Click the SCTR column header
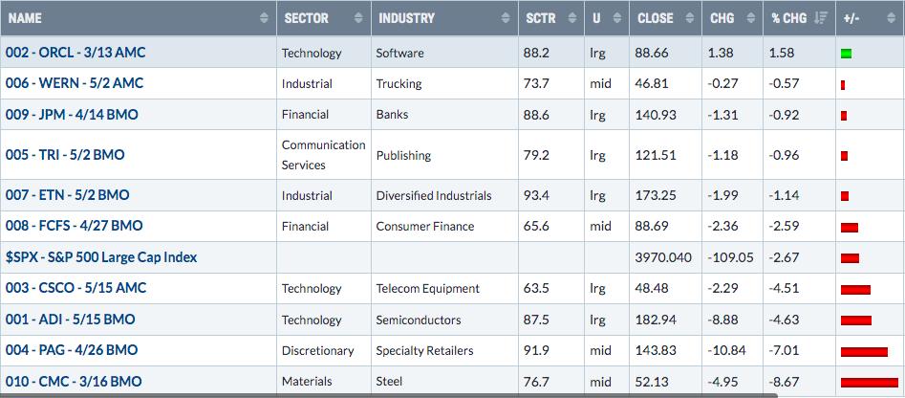click(x=540, y=18)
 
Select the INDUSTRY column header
click(x=406, y=18)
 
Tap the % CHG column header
click(x=789, y=18)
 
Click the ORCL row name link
click(x=75, y=53)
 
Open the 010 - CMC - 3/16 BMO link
click(x=74, y=381)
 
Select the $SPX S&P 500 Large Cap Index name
click(x=101, y=257)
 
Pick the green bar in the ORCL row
click(x=847, y=55)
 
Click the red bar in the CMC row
click(x=870, y=383)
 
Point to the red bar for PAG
click(x=864, y=351)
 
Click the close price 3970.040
click(x=664, y=257)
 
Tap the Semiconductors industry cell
click(x=419, y=320)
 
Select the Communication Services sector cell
click(x=323, y=155)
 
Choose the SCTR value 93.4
click(x=537, y=195)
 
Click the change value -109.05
click(x=731, y=257)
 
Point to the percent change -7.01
click(x=784, y=350)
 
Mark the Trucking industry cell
click(x=399, y=84)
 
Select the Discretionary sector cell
click(x=317, y=350)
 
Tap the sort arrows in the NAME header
click(x=265, y=18)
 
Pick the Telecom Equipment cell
click(x=428, y=288)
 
